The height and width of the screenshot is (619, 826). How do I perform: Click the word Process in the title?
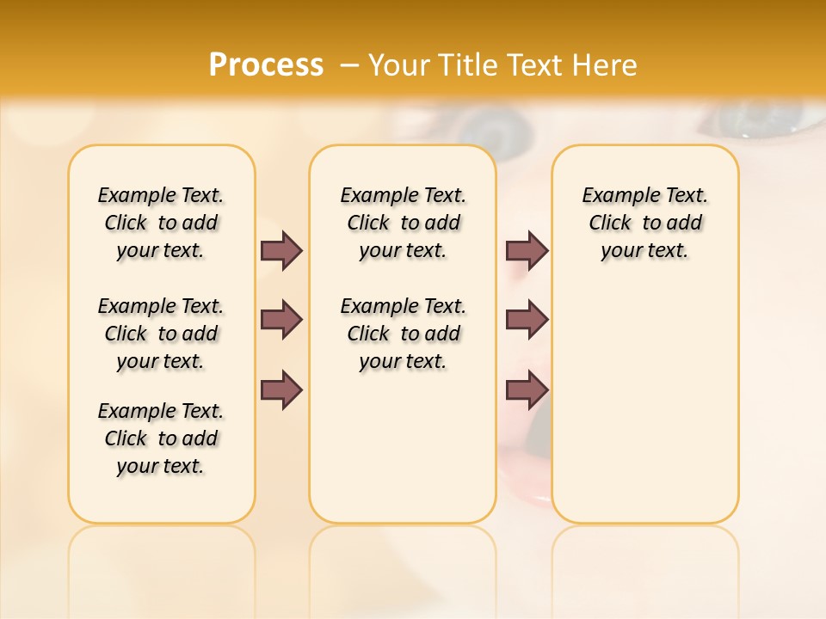pyautogui.click(x=266, y=65)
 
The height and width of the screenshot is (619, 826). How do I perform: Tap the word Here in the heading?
pyautogui.click(x=603, y=65)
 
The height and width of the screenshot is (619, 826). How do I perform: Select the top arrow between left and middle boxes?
pyautogui.click(x=281, y=251)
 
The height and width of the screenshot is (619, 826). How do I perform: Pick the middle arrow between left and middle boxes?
pyautogui.click(x=281, y=320)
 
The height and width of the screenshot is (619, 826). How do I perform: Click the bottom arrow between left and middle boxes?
pyautogui.click(x=281, y=389)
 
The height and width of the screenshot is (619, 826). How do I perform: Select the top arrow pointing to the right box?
pyautogui.click(x=527, y=251)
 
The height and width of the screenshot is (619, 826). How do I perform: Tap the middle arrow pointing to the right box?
pyautogui.click(x=527, y=320)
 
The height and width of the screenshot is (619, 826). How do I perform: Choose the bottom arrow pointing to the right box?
pyautogui.click(x=527, y=389)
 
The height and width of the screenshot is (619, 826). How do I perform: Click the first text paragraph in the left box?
pyautogui.click(x=161, y=223)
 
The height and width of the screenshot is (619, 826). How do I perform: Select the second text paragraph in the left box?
pyautogui.click(x=161, y=334)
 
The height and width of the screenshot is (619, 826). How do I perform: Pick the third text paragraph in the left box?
pyautogui.click(x=161, y=438)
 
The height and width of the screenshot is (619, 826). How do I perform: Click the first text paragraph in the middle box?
pyautogui.click(x=403, y=223)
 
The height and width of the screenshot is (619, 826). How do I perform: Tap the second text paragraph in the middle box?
pyautogui.click(x=403, y=334)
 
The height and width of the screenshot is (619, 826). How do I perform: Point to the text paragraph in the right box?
pyautogui.click(x=645, y=223)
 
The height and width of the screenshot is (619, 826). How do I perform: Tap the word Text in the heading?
pyautogui.click(x=538, y=65)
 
